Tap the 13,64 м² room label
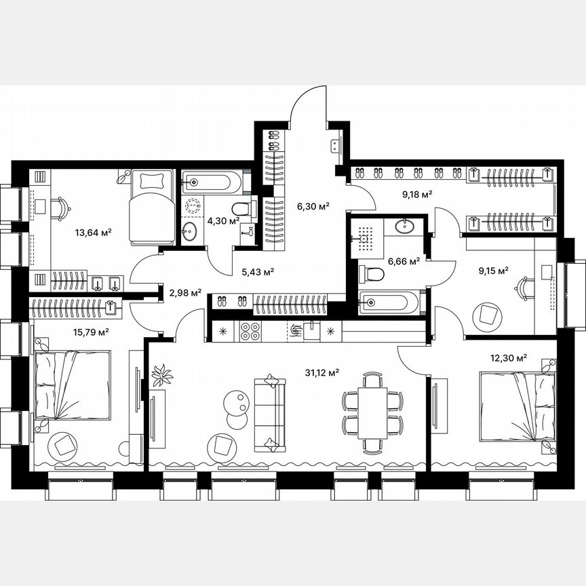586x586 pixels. pos(93,233)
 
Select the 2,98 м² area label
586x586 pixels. pos(184,293)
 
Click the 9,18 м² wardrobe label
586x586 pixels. pos(417,194)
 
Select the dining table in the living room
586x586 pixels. pos(372,413)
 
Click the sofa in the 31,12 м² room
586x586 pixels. pos(271,413)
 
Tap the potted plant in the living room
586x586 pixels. pos(162,374)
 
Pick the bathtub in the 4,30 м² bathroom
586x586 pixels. pos(210,182)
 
